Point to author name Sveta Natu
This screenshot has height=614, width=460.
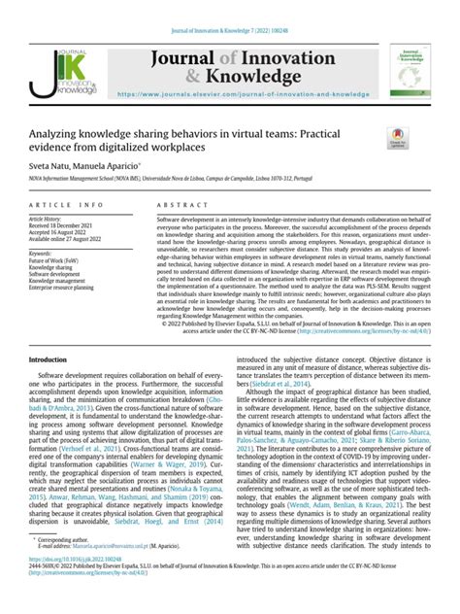tap(49, 167)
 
